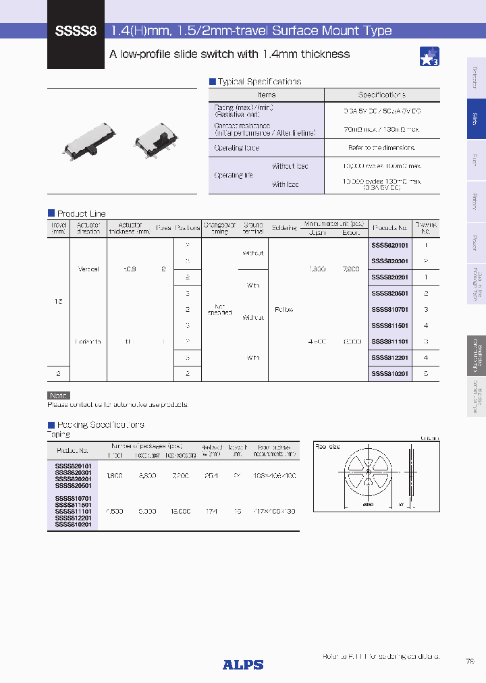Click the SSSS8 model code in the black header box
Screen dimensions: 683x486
76,31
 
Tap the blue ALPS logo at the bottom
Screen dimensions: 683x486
243,665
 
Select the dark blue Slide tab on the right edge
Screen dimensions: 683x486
476,119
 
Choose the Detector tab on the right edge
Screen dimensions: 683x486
476,78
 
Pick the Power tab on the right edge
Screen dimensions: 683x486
476,242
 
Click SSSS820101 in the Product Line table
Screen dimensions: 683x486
389,246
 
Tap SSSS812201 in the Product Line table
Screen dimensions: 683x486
389,358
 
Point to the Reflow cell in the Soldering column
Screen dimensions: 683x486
283,310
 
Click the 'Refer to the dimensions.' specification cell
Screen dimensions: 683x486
381,148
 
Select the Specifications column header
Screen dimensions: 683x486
381,95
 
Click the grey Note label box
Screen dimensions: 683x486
58,395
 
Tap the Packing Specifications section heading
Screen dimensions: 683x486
100,425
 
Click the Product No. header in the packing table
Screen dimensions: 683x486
73,450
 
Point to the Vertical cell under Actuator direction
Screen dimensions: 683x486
88,269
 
